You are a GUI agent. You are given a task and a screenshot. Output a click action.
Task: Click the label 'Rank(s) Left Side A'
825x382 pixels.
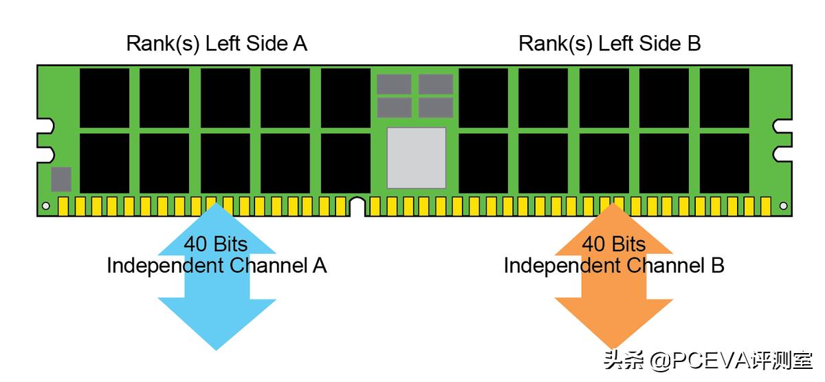217,44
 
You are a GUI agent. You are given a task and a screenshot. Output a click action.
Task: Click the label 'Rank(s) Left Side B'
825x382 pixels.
609,44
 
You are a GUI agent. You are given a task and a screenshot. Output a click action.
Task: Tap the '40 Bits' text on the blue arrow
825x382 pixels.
215,244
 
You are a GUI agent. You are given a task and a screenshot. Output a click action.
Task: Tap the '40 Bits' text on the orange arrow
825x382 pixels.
613,244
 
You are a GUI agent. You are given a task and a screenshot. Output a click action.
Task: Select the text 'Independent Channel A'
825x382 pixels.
217,266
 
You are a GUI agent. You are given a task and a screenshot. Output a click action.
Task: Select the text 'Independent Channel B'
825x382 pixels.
613,266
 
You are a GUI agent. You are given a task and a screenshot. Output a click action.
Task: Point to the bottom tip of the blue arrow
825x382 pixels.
217,348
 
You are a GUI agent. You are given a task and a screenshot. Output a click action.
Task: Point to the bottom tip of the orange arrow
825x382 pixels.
614,348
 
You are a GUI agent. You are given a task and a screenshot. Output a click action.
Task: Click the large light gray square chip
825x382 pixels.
416,158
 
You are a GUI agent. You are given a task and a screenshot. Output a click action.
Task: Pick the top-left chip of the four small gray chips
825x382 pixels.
394,84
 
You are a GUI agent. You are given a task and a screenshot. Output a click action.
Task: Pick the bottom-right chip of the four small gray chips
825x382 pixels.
436,107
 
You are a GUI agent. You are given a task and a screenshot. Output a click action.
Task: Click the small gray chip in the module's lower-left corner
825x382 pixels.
61,179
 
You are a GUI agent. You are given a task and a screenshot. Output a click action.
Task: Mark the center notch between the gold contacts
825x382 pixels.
357,206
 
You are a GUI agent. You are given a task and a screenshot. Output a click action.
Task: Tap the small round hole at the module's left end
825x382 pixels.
46,206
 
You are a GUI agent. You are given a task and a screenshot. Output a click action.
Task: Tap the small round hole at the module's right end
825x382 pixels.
783,206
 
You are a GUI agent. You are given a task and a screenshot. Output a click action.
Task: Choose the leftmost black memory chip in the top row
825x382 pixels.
104,98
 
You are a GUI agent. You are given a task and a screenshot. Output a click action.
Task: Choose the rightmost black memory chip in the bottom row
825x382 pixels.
724,162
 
